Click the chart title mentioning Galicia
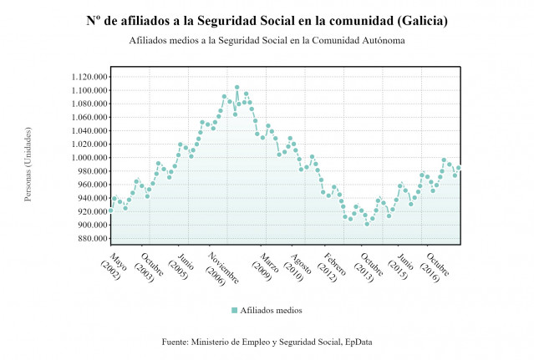[267, 21]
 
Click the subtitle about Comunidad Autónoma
[267, 40]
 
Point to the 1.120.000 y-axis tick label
[84, 77]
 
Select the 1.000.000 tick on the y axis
[84, 158]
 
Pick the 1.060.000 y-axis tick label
[84, 117]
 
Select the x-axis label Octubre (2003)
[145, 266]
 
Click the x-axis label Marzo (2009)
[262, 266]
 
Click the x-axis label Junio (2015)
[402, 266]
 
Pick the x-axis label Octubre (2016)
[433, 266]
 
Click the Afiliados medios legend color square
[235, 310]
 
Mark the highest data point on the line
[236, 87]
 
